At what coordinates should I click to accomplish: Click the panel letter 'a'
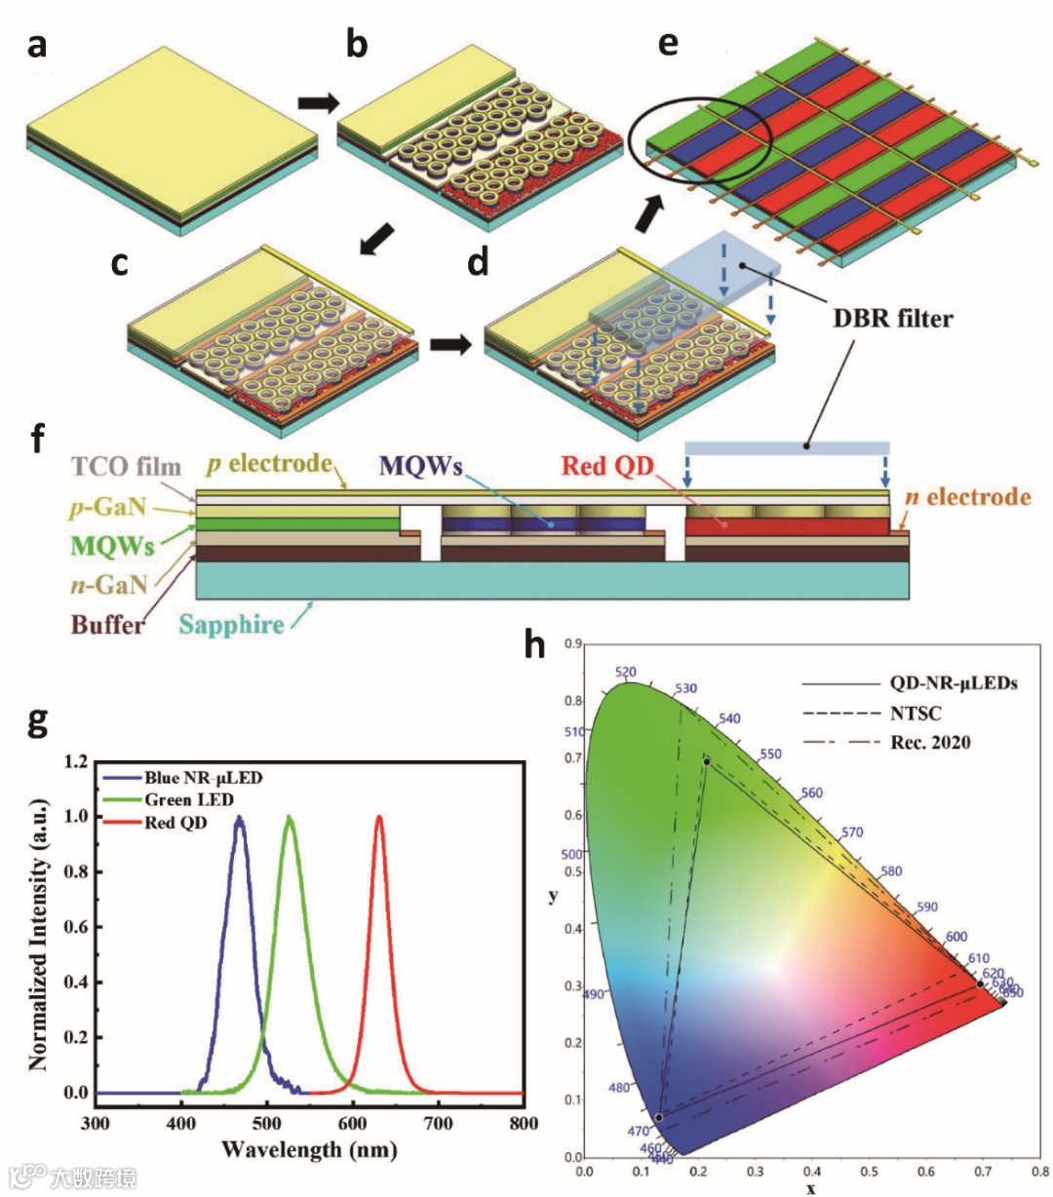point(37,45)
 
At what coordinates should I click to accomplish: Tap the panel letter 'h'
point(534,645)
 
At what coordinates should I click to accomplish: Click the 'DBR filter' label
point(892,318)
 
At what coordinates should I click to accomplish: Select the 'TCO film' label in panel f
point(127,466)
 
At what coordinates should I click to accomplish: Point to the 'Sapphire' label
point(231,624)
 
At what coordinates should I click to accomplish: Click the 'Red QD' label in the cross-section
point(606,466)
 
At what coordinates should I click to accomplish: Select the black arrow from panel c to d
point(450,345)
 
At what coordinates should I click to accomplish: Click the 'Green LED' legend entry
point(189,800)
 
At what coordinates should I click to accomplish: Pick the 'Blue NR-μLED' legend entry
point(203,778)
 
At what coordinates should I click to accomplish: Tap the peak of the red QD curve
point(379,818)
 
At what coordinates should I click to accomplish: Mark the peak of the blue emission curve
point(239,819)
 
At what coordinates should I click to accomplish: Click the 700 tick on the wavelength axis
point(438,1123)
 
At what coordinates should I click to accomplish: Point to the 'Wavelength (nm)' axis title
point(309,1150)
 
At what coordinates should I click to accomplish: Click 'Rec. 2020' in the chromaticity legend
point(930,743)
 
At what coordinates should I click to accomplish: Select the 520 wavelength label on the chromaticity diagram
point(625,673)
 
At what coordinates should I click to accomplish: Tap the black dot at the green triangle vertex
point(706,760)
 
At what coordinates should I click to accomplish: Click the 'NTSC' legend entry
point(916,714)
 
